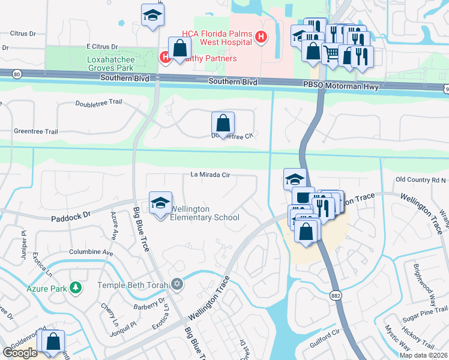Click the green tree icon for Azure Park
[x=75, y=287]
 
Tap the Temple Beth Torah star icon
[x=176, y=283]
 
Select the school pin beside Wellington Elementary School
[x=160, y=205]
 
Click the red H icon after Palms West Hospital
[x=261, y=38]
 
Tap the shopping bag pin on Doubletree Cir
[x=223, y=124]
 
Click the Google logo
[x=20, y=352]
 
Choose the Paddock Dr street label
[x=70, y=214]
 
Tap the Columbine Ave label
[x=91, y=253]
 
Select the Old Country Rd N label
[x=421, y=180]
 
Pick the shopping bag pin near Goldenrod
[x=53, y=342]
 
